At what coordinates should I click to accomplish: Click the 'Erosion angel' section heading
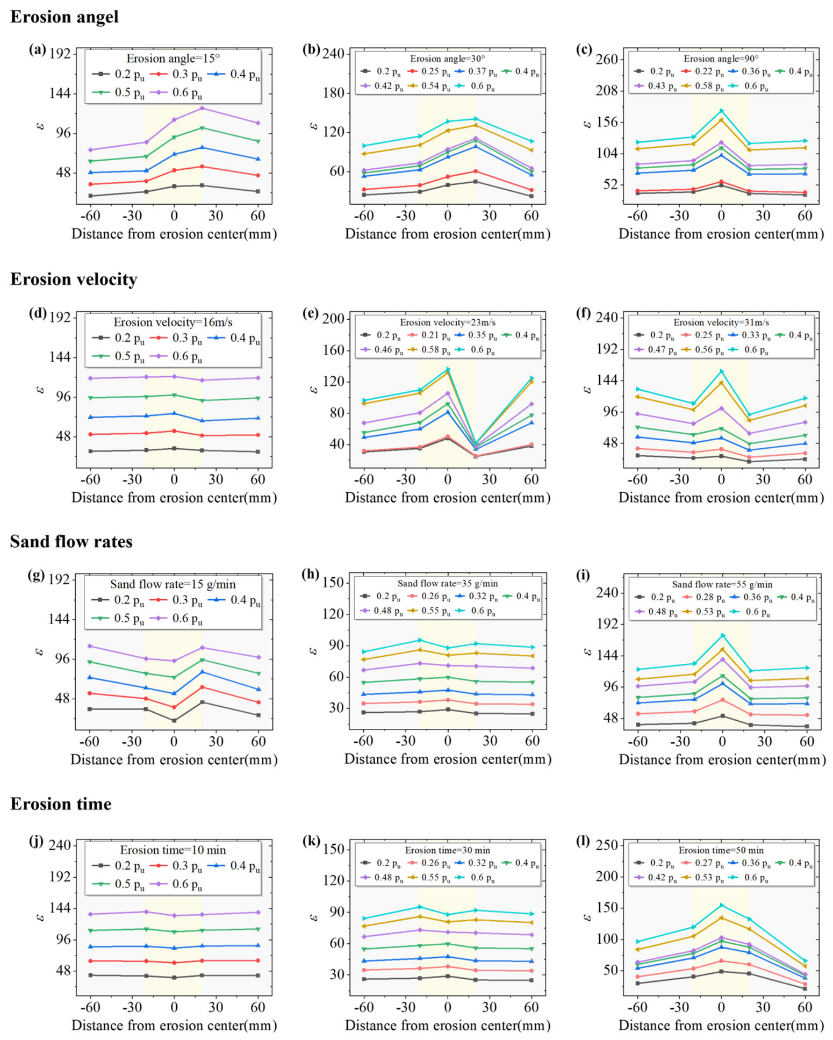[64, 17]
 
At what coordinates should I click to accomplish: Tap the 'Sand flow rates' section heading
[71, 541]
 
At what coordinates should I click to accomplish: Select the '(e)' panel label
[311, 313]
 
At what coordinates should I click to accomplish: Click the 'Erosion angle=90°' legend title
[721, 59]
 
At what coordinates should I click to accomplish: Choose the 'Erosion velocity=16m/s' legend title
[173, 322]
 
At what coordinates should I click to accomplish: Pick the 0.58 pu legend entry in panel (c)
[706, 87]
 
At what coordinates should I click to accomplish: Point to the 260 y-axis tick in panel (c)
[606, 59]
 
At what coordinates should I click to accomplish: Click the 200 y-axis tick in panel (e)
[333, 319]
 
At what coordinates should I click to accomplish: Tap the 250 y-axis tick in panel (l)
[606, 845]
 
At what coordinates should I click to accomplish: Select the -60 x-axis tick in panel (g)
[89, 741]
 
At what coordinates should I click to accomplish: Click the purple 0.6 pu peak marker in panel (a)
[202, 109]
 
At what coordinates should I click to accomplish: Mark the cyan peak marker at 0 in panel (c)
[721, 111]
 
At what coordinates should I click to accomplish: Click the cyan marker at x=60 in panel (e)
[532, 378]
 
